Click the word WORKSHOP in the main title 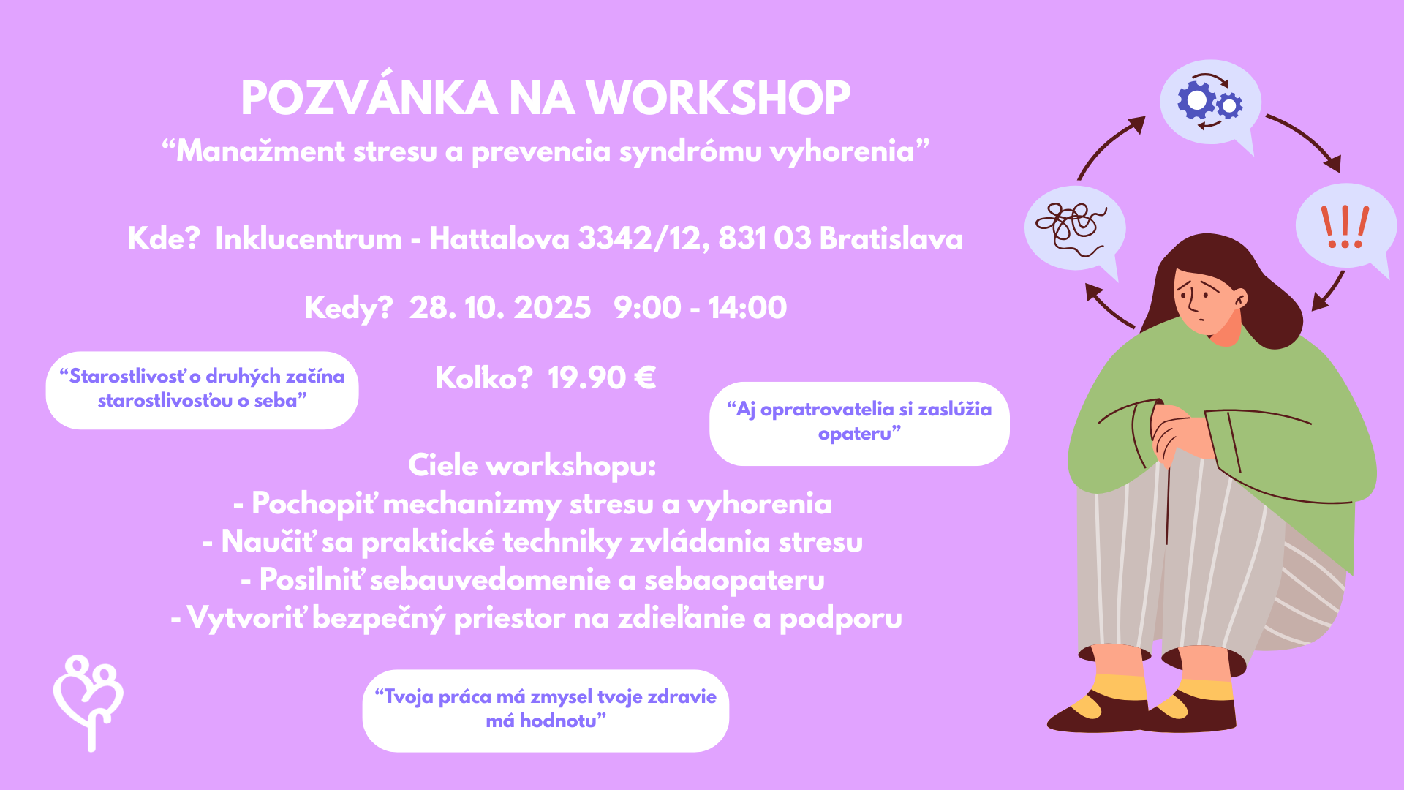(718, 98)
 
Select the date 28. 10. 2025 (500, 308)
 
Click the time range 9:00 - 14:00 (700, 308)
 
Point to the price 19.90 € (601, 378)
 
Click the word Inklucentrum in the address (309, 238)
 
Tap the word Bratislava (891, 238)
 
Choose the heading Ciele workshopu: (532, 466)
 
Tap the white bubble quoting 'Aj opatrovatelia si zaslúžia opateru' (859, 424)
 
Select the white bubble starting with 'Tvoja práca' (546, 710)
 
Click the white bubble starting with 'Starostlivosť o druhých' (202, 390)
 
